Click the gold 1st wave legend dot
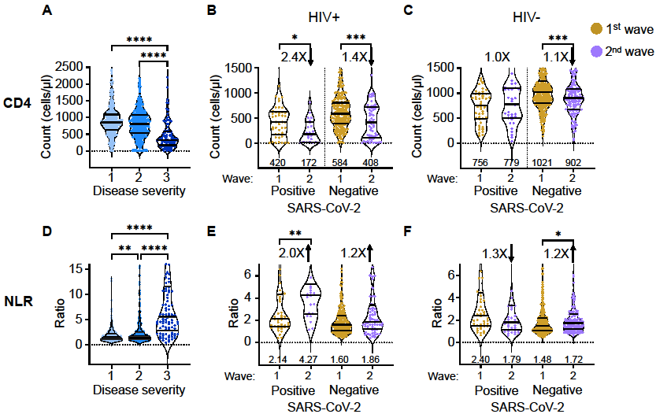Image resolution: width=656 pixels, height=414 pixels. point(597,29)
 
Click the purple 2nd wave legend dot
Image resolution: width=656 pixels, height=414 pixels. point(597,50)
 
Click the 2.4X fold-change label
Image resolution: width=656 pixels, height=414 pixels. point(295,56)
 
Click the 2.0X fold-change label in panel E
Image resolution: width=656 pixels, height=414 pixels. point(295,253)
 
